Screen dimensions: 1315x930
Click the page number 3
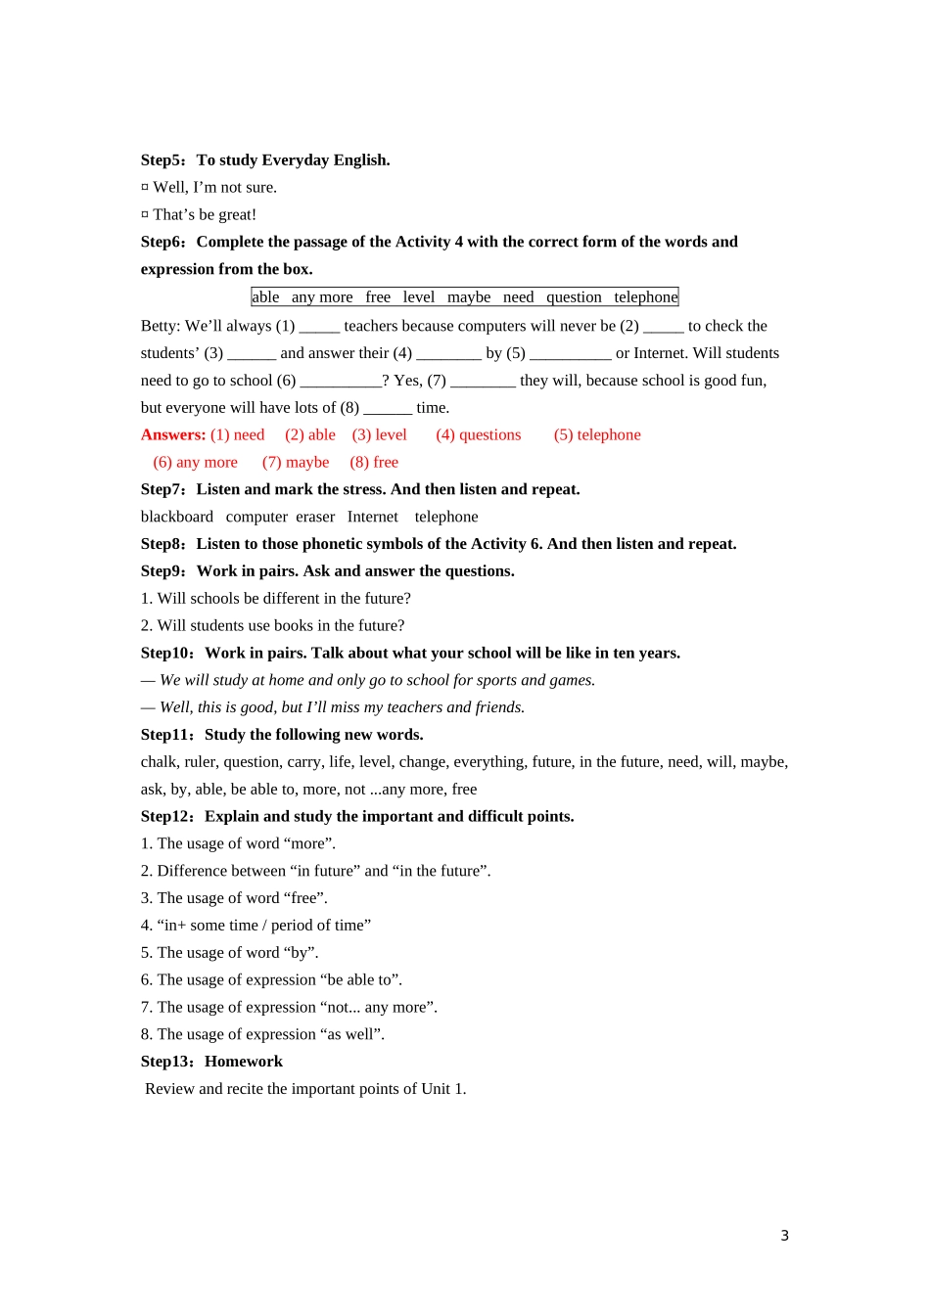(x=784, y=1236)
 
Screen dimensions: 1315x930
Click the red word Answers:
(x=173, y=435)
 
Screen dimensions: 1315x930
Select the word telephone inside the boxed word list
(x=645, y=297)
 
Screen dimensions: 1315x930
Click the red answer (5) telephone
(x=597, y=435)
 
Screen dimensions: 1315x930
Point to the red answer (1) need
(x=238, y=435)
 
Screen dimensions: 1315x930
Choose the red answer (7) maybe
(x=296, y=463)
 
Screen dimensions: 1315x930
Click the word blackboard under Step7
(x=177, y=518)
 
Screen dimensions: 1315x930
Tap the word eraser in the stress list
(x=315, y=518)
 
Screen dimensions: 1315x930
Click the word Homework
(x=244, y=1062)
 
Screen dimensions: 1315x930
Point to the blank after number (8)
(x=388, y=409)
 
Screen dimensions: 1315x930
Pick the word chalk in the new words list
(x=159, y=762)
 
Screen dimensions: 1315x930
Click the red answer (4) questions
(x=479, y=435)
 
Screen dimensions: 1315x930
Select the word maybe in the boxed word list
(x=469, y=297)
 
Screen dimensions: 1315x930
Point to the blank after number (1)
(x=319, y=328)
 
